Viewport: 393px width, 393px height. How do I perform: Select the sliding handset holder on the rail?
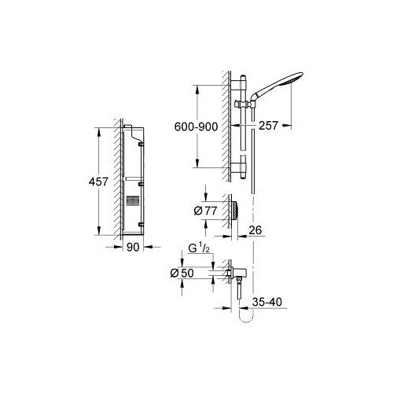coord(245,105)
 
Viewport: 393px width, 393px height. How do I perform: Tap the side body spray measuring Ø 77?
coord(233,210)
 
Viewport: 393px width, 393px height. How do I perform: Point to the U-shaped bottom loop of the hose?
coord(247,318)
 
